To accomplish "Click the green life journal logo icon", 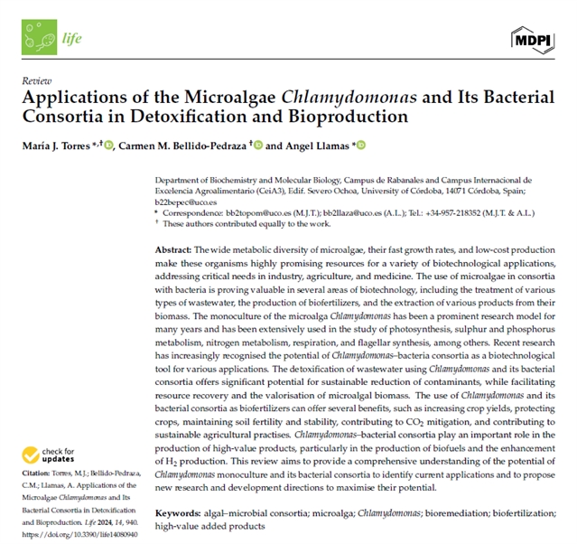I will (40, 37).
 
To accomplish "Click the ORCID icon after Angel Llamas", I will (362, 145).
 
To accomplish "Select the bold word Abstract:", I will (173, 248).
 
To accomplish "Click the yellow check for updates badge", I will (40, 455).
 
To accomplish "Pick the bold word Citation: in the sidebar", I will (35, 478).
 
